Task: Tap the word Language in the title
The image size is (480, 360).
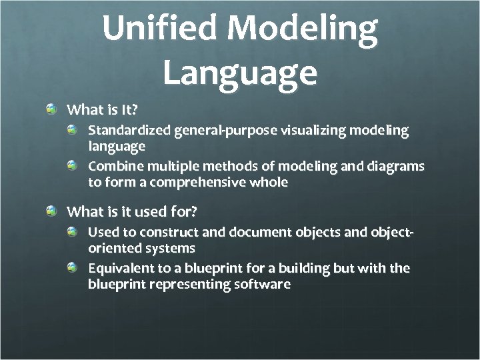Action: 239,72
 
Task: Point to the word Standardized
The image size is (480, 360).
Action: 130,130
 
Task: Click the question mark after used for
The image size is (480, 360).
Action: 195,211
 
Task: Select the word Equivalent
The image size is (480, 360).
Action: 120,268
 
